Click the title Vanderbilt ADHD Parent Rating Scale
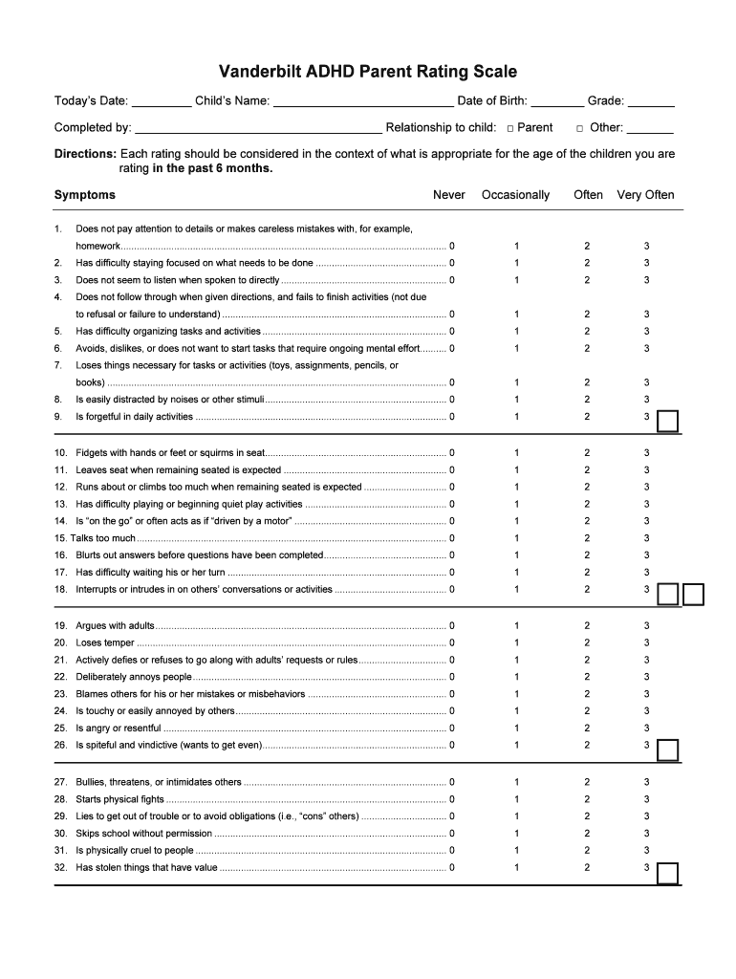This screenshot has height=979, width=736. pyautogui.click(x=368, y=72)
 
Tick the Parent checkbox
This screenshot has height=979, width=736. pyautogui.click(x=511, y=128)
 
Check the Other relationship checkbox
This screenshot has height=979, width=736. pyautogui.click(x=579, y=128)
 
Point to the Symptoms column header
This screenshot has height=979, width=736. pyautogui.click(x=85, y=195)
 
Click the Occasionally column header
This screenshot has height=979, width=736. pyautogui.click(x=515, y=195)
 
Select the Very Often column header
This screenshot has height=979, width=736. pyautogui.click(x=645, y=195)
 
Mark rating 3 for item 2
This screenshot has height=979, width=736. pyautogui.click(x=646, y=263)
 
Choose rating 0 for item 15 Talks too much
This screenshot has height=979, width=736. pyautogui.click(x=452, y=538)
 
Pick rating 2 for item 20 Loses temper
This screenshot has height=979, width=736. pyautogui.click(x=587, y=642)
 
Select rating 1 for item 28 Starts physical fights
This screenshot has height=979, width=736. pyautogui.click(x=516, y=799)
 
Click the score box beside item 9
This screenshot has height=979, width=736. pyautogui.click(x=669, y=421)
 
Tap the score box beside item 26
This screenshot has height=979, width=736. pyautogui.click(x=668, y=749)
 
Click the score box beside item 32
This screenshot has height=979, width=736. pyautogui.click(x=668, y=873)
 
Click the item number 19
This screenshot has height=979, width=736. pyautogui.click(x=60, y=626)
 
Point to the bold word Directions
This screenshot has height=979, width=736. pyautogui.click(x=85, y=154)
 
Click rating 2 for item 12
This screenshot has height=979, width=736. pyautogui.click(x=587, y=487)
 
